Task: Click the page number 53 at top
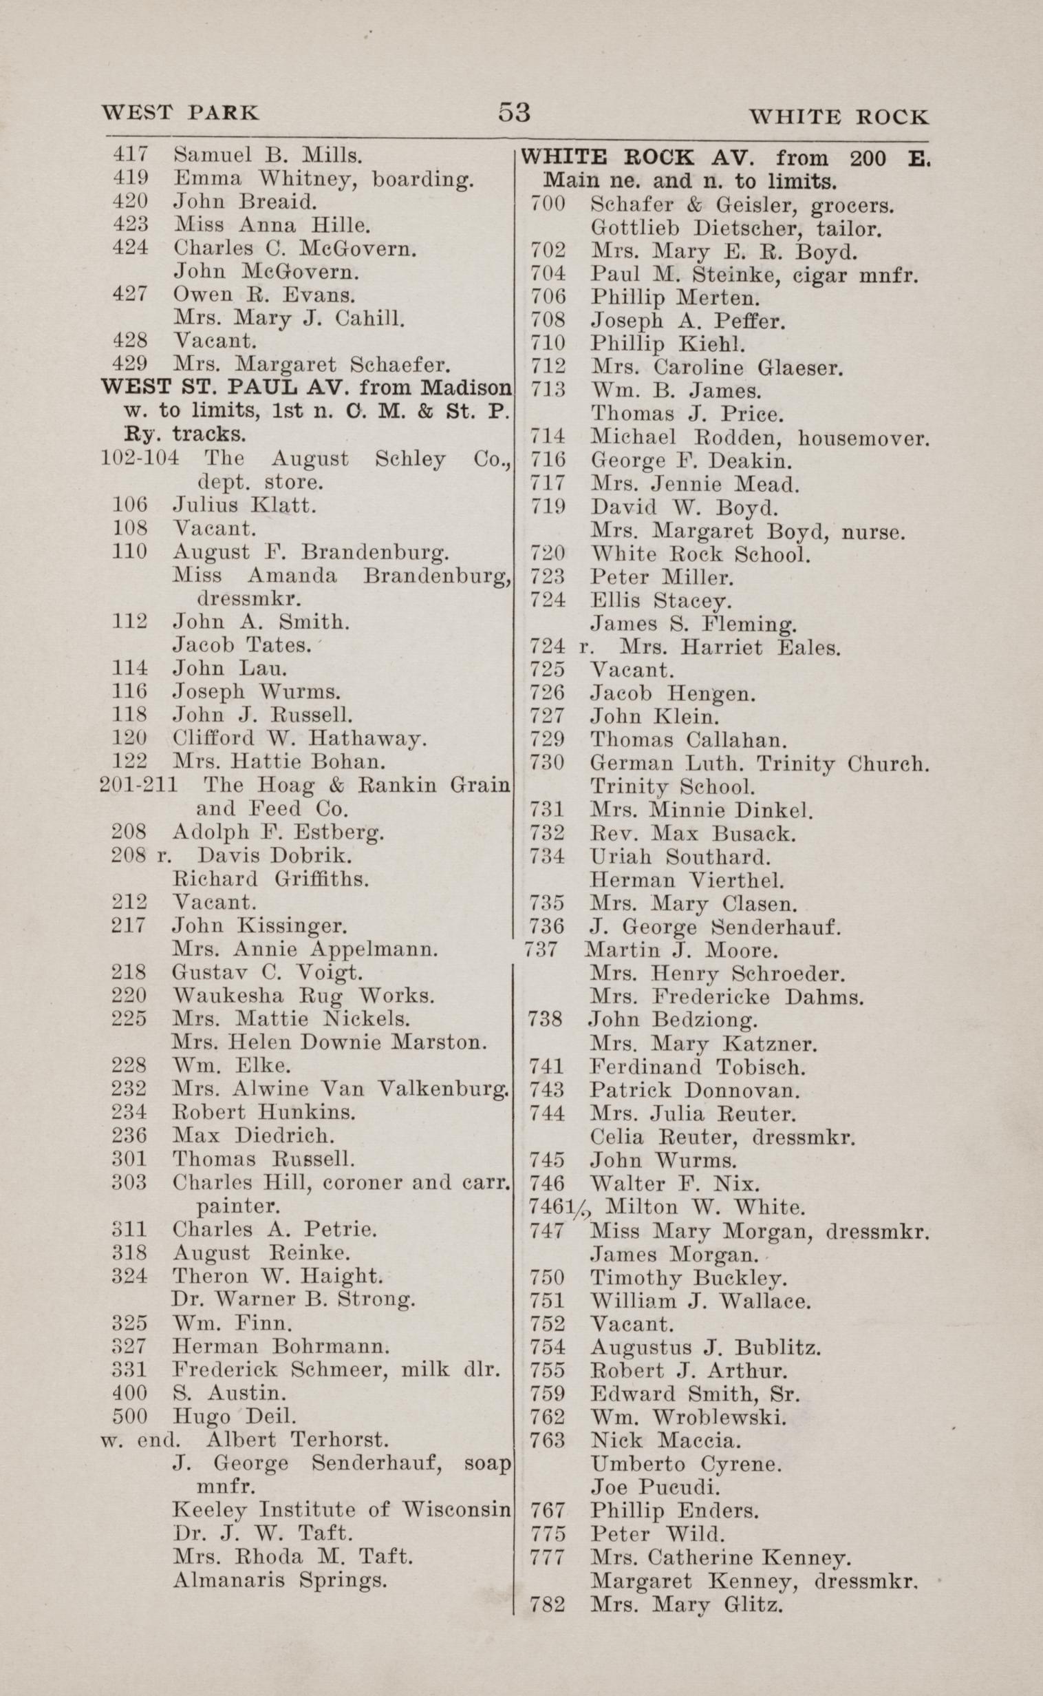click(514, 112)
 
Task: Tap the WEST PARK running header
click(180, 113)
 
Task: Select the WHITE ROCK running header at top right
click(838, 116)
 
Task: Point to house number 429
click(129, 364)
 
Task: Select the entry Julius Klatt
click(244, 505)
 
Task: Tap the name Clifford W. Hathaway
click(299, 739)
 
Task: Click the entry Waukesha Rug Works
click(303, 996)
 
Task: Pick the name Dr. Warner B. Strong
click(292, 1299)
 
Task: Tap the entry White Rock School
click(700, 554)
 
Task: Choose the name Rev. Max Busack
click(693, 833)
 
